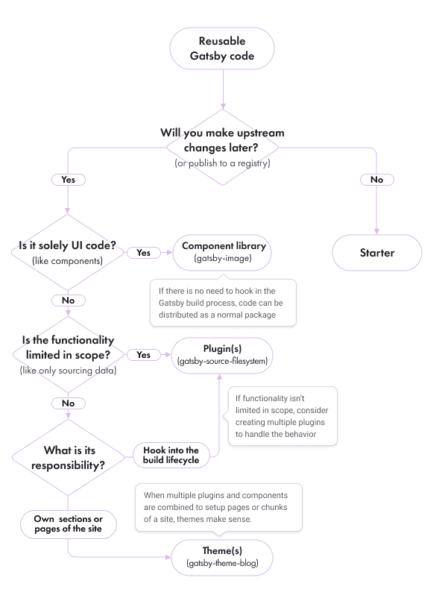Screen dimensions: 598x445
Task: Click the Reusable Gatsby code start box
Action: point(222,48)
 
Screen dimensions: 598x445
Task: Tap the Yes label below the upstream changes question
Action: point(68,180)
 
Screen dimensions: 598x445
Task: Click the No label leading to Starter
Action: point(376,180)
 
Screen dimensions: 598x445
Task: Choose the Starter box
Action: point(376,253)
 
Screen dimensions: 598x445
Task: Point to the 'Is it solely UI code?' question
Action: point(68,253)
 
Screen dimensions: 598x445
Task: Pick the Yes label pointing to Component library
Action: point(143,253)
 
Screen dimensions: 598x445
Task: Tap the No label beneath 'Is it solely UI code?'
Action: point(68,300)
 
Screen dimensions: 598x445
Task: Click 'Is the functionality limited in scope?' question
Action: point(68,354)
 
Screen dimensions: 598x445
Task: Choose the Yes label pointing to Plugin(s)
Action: point(143,355)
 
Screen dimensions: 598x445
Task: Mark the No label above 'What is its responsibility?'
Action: point(68,403)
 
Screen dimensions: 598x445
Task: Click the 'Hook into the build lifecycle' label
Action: point(171,456)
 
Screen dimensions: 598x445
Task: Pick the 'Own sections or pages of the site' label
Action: point(68,523)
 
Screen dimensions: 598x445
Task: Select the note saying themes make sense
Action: point(218,507)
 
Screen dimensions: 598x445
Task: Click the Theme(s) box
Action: point(222,556)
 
